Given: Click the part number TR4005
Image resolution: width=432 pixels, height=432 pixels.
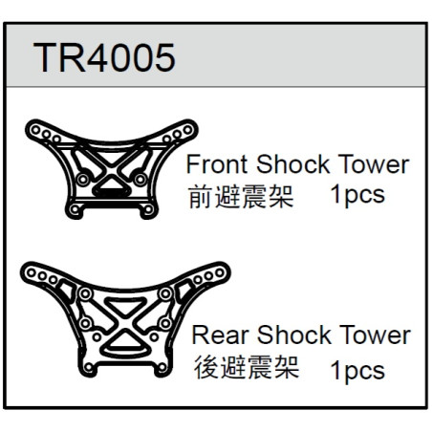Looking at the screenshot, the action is pos(104,58).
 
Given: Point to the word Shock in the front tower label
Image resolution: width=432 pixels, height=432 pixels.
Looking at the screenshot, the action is pos(292,164).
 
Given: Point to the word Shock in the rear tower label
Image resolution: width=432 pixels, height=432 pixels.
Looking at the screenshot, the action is pos(294,335).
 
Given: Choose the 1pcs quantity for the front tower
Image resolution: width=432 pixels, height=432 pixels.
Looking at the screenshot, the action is pos(357,195).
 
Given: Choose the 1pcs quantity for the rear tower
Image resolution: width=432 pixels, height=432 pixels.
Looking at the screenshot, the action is pos(357,371).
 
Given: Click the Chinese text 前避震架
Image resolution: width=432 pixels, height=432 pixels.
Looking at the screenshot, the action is pos(241,197).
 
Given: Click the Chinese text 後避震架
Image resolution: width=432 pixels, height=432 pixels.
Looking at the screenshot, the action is pos(247,367).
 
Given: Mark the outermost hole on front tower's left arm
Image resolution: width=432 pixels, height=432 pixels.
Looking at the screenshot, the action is pos(35,130).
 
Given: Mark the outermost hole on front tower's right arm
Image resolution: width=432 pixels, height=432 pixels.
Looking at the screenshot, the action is pos(187,130).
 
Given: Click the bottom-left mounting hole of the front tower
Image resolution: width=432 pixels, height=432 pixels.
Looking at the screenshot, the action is pos(75,209).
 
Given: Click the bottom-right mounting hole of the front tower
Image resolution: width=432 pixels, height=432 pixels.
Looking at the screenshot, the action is pos(148,209).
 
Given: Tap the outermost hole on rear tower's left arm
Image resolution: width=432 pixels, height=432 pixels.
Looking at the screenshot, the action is pos(32,272).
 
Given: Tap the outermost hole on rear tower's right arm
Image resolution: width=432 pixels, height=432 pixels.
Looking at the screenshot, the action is pos(220,272).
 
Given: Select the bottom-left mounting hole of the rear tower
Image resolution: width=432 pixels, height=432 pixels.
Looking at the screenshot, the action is pos(89,368).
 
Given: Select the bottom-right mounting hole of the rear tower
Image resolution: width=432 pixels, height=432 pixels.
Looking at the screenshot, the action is pos(162,368).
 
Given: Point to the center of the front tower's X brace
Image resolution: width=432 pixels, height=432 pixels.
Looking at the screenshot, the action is pos(112,169).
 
